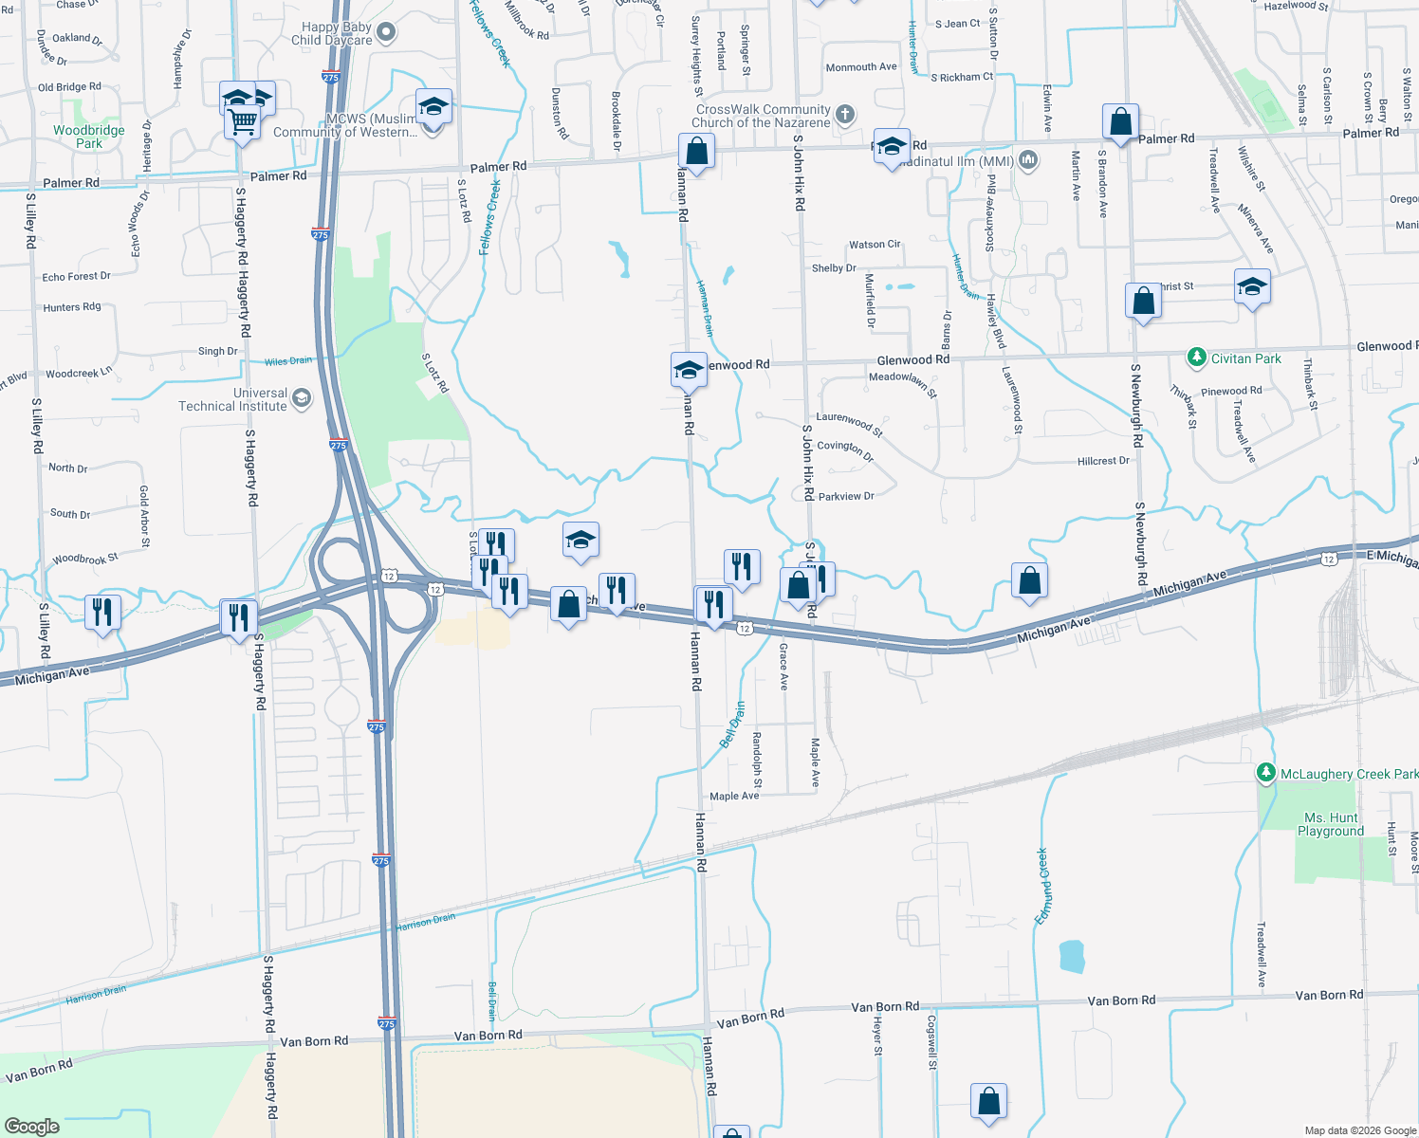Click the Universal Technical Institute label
pyautogui.click(x=232, y=399)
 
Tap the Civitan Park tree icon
pyautogui.click(x=1196, y=358)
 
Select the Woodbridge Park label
pyautogui.click(x=88, y=137)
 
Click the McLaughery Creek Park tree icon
pyautogui.click(x=1265, y=773)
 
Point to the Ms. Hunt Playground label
pyautogui.click(x=1331, y=824)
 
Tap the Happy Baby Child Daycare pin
pyautogui.click(x=385, y=33)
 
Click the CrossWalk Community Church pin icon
pyautogui.click(x=844, y=115)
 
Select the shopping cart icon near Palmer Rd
pyautogui.click(x=243, y=121)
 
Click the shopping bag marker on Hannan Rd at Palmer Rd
pyautogui.click(x=696, y=152)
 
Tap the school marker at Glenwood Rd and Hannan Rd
pyautogui.click(x=688, y=370)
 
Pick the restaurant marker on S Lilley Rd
pyautogui.click(x=102, y=613)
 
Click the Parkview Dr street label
pyautogui.click(x=845, y=496)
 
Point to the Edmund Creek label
pyautogui.click(x=1042, y=886)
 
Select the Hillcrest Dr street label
pyautogui.click(x=1103, y=461)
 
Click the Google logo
pyautogui.click(x=32, y=1126)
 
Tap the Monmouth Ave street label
pyautogui.click(x=860, y=67)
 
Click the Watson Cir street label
pyautogui.click(x=874, y=245)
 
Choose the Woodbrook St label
pyautogui.click(x=85, y=559)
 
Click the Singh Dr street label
pyautogui.click(x=217, y=351)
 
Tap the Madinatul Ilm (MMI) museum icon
pyautogui.click(x=1028, y=160)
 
